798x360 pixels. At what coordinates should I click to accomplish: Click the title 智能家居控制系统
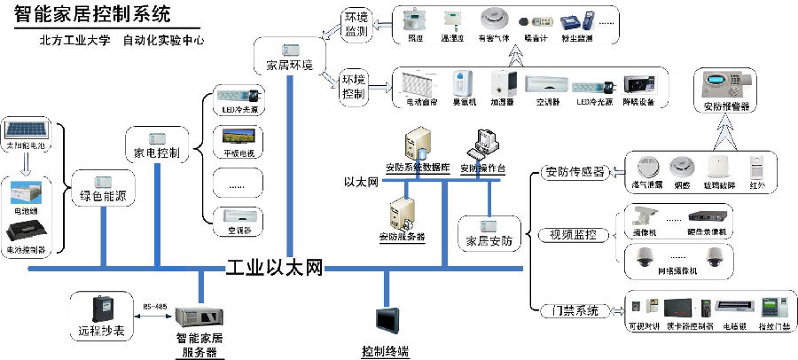point(93,15)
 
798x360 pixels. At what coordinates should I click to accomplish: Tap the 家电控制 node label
point(157,153)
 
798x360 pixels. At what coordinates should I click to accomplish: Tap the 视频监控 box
point(567,235)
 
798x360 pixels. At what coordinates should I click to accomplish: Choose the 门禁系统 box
point(567,310)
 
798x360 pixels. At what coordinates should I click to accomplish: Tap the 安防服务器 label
point(402,237)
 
